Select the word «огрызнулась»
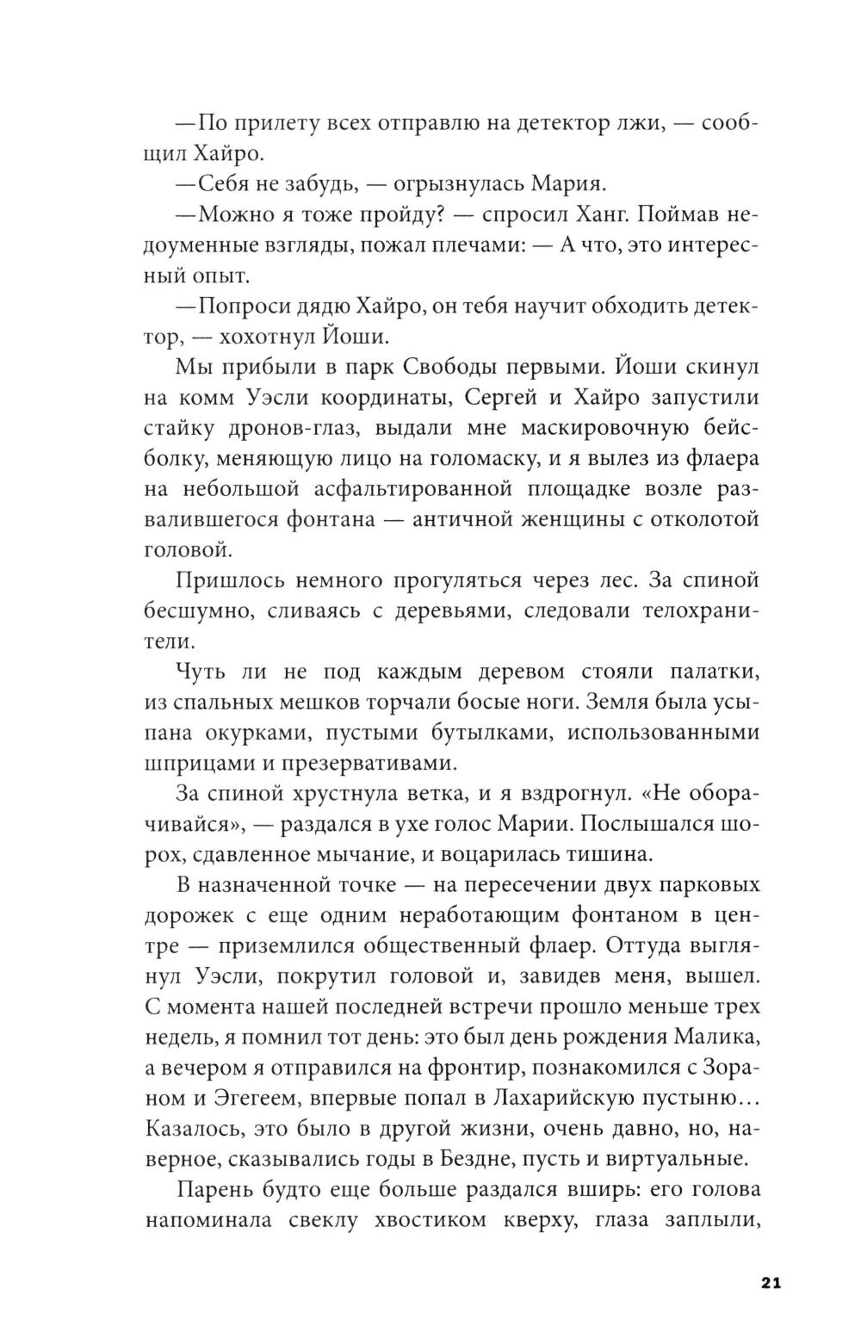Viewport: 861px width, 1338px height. click(x=455, y=184)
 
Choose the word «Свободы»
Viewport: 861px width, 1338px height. click(x=445, y=367)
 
